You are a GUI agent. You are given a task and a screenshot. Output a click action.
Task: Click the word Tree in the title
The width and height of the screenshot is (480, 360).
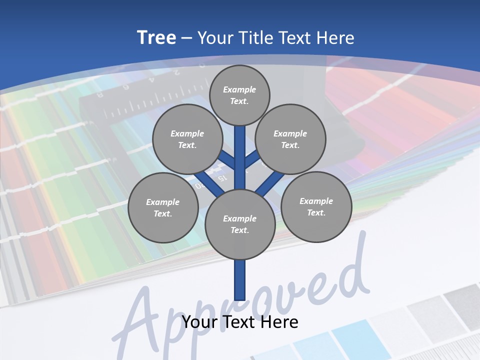[x=156, y=38]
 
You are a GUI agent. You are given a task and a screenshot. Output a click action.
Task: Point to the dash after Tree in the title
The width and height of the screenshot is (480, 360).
[x=186, y=38]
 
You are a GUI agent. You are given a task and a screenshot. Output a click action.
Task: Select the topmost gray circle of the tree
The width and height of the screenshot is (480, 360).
[x=239, y=95]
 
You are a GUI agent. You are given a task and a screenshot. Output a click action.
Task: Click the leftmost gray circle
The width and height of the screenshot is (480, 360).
[x=163, y=207]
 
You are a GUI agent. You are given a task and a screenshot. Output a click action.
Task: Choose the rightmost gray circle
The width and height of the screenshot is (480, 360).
[x=316, y=206]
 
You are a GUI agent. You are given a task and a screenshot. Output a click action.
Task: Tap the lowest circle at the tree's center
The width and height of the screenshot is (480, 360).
[x=240, y=224]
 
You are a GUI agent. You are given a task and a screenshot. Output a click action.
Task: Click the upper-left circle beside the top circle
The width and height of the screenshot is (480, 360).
[x=187, y=139]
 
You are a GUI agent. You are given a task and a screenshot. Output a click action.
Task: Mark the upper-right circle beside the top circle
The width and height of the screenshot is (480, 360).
[x=290, y=139]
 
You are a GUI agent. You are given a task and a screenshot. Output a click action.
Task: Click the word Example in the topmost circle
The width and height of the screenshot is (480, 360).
[x=239, y=89]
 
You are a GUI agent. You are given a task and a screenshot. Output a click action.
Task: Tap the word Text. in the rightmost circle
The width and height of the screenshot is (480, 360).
[x=316, y=212]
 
